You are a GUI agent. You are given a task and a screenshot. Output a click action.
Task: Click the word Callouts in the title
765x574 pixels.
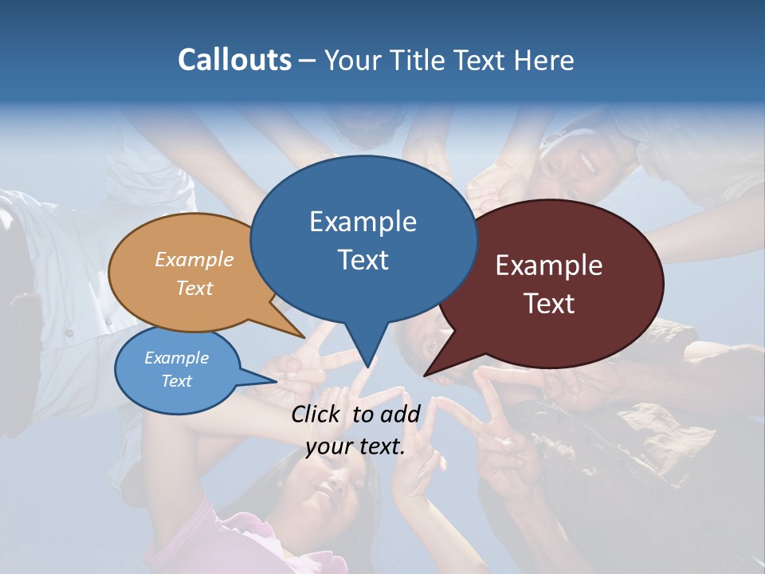234,60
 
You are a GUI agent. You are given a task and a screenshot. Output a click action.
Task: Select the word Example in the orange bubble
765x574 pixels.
194,259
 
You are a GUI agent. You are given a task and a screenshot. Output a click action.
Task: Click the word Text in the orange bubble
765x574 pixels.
194,288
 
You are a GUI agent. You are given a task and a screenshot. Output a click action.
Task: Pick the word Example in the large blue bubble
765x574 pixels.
363,221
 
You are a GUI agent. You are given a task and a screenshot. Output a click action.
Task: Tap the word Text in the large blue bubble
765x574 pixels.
363,260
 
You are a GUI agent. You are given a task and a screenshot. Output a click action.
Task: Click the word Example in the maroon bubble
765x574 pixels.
549,265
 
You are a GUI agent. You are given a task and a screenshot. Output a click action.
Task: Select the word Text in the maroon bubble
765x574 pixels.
549,303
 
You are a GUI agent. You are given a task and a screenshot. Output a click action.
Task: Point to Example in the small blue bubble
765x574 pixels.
176,358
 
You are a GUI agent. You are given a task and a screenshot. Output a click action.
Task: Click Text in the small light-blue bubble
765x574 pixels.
176,381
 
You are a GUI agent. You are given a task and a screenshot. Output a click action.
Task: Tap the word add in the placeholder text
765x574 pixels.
400,413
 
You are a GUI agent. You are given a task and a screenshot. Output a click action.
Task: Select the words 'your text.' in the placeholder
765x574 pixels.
355,446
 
